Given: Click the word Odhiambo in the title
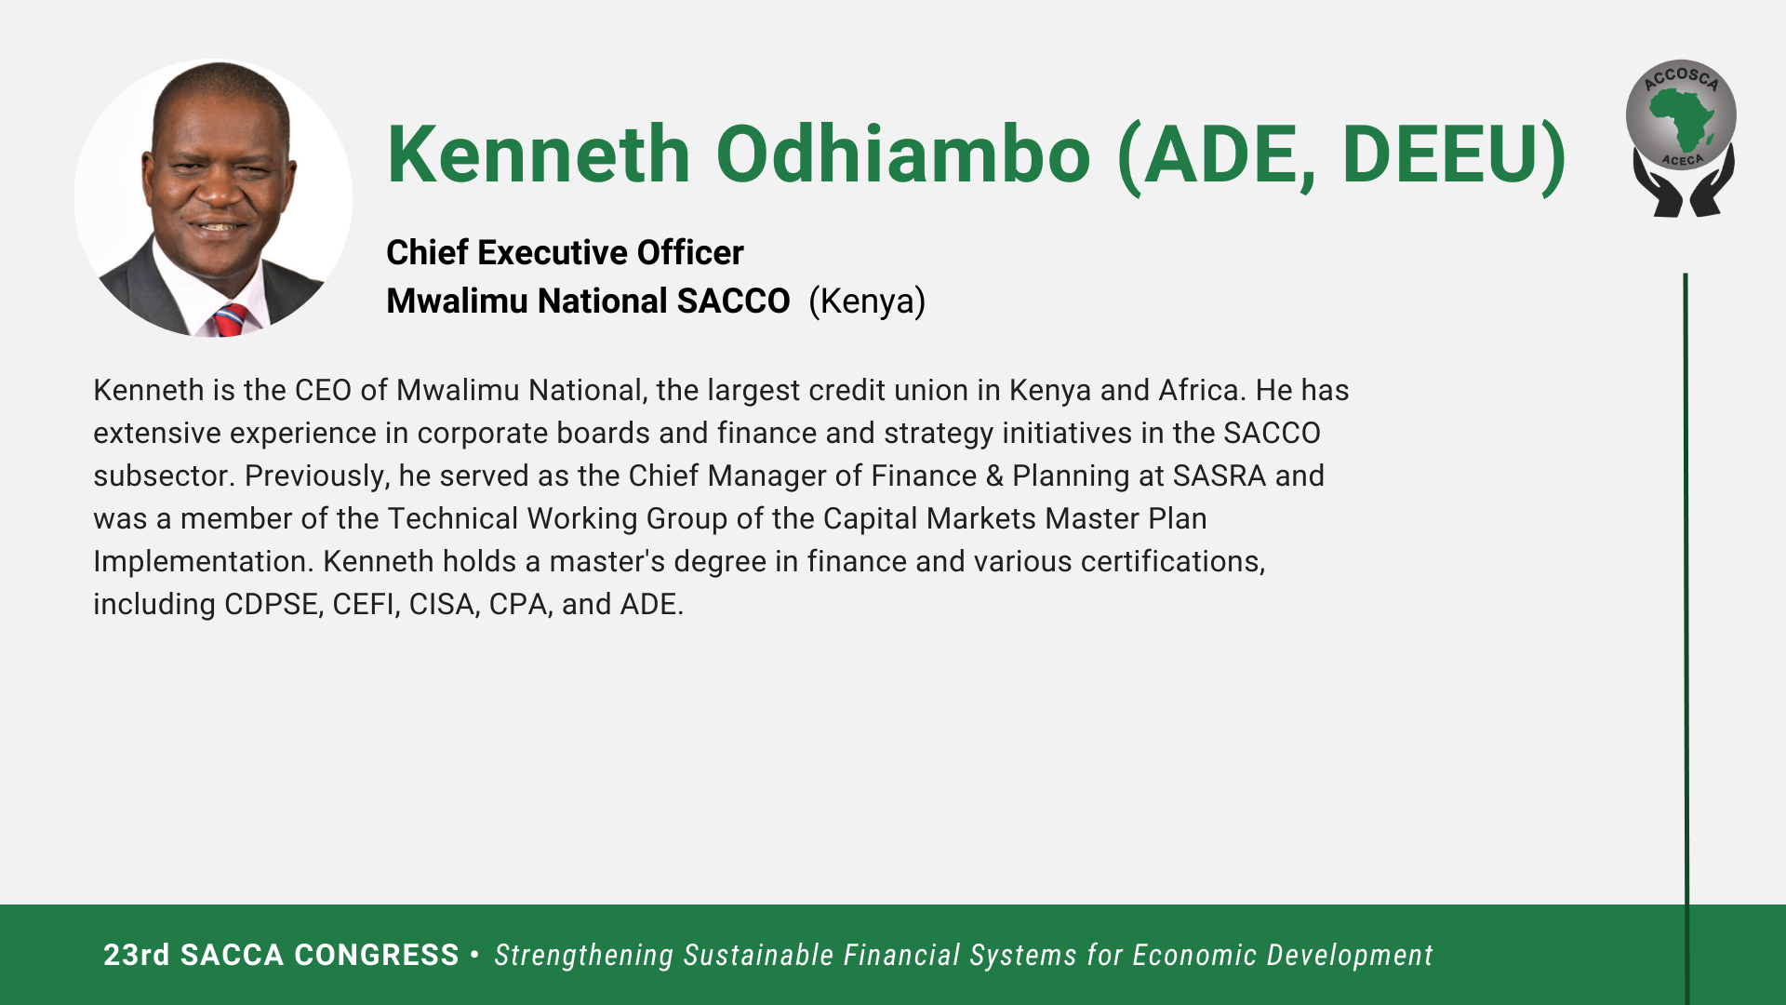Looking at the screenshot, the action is click(902, 154).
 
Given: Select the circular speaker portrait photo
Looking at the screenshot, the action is click(213, 198).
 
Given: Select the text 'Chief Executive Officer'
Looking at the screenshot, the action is click(565, 252).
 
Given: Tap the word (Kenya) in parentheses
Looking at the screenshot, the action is click(867, 301).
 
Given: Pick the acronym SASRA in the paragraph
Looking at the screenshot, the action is click(1220, 476).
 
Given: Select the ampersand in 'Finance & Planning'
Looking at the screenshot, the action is click(994, 476).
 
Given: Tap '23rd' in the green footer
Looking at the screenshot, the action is click(137, 955).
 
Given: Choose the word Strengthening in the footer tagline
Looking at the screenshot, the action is click(583, 956).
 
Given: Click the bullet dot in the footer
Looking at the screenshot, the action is click(475, 954).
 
